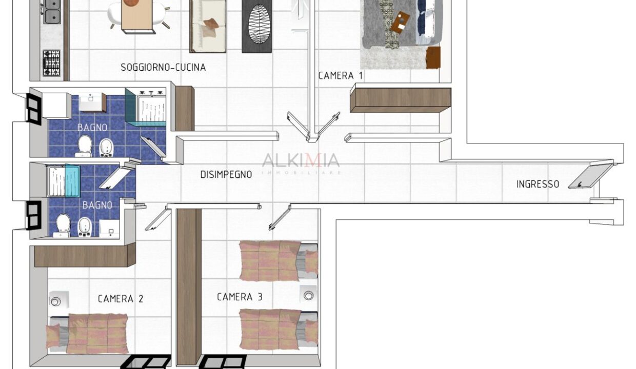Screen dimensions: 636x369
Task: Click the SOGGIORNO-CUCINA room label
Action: (x=163, y=68)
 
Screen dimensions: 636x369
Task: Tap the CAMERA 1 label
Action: (x=341, y=76)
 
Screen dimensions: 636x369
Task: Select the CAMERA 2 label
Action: (x=121, y=299)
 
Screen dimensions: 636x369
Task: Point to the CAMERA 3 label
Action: (x=240, y=297)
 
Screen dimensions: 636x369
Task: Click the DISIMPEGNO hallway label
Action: (x=226, y=175)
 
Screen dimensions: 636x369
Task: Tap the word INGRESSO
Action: (x=538, y=184)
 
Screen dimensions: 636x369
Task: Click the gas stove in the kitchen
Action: (x=52, y=63)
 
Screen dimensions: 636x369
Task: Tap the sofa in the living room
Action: (x=208, y=26)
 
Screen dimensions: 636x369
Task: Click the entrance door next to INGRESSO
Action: (x=590, y=176)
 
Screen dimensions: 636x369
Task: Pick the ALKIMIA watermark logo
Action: (x=301, y=163)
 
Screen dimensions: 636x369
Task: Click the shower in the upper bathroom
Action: (x=145, y=107)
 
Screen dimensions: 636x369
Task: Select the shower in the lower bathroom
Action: (x=63, y=181)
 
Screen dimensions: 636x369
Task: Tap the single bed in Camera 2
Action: (x=87, y=334)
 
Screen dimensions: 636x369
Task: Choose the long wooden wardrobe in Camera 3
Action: (x=189, y=287)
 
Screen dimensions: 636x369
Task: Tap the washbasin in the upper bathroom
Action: (x=91, y=102)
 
